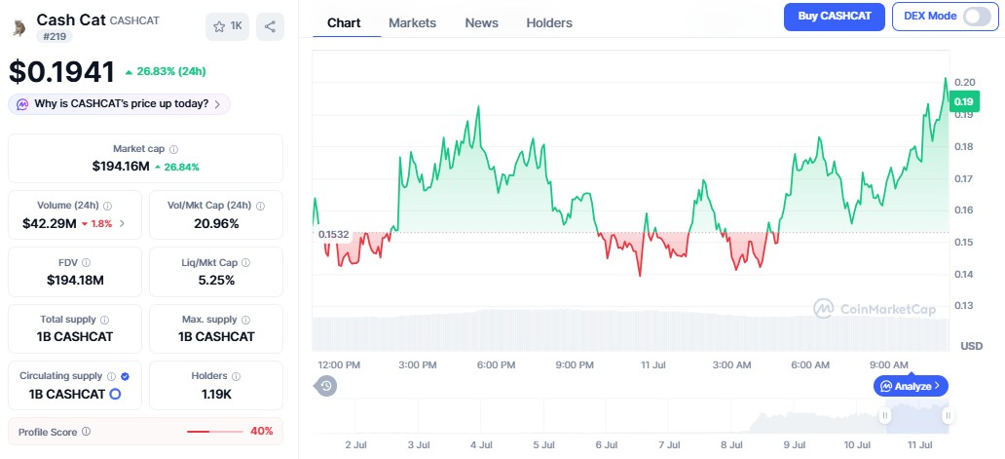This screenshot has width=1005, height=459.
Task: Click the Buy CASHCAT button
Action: (834, 17)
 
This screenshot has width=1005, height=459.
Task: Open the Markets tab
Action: (412, 23)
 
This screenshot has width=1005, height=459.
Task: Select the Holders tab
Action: (549, 23)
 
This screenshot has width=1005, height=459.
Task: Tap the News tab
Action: (481, 23)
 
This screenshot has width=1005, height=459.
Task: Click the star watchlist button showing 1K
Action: (228, 26)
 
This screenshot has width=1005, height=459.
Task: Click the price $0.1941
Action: (61, 72)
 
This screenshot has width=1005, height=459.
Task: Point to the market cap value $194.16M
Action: (121, 167)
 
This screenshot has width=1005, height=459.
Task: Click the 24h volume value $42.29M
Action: (50, 224)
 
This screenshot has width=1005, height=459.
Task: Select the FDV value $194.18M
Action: (75, 280)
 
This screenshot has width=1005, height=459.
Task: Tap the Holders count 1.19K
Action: (216, 395)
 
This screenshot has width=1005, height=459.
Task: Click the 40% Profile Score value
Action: (262, 432)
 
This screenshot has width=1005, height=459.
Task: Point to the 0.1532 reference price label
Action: (333, 235)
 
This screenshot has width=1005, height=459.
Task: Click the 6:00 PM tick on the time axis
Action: (496, 364)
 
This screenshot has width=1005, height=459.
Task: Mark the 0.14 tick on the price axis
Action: (964, 275)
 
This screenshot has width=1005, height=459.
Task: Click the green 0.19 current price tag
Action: (963, 102)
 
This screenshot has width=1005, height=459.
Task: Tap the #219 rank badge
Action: (55, 36)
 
